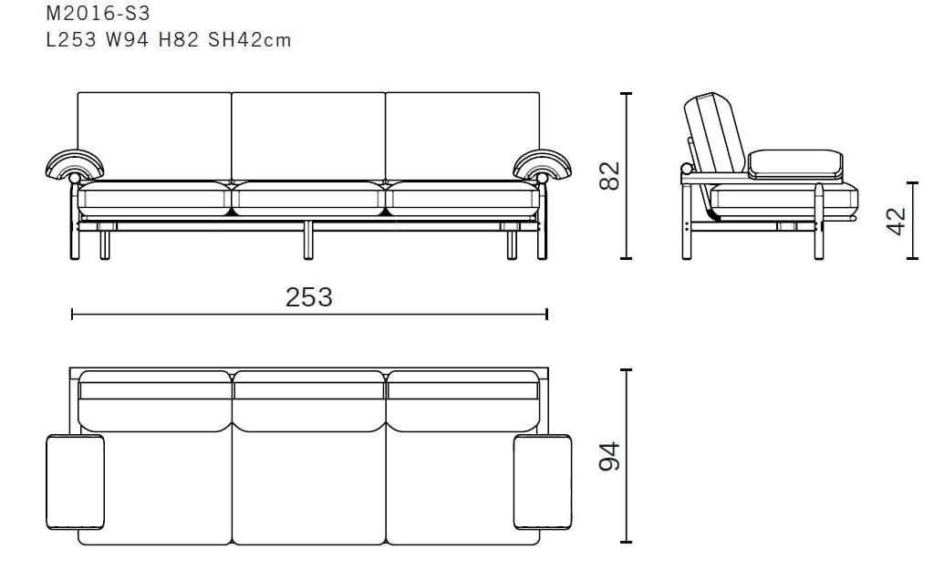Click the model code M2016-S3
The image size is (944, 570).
tap(97, 14)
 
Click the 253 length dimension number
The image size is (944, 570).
tap(309, 297)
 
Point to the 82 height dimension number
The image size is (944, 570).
tap(609, 175)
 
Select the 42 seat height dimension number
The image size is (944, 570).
tap(897, 220)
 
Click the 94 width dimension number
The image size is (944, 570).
tap(609, 456)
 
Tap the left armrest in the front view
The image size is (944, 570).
tap(74, 164)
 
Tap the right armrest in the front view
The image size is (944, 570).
tap(543, 164)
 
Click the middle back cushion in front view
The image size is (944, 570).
tap(308, 135)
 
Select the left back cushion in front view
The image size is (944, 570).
tap(154, 135)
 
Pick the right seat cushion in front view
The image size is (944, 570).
tap(462, 198)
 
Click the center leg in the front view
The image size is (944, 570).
tap(309, 239)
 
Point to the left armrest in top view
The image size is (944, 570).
tap(75, 482)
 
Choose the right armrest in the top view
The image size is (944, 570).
tap(543, 482)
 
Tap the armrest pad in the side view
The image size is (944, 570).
tap(793, 163)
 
